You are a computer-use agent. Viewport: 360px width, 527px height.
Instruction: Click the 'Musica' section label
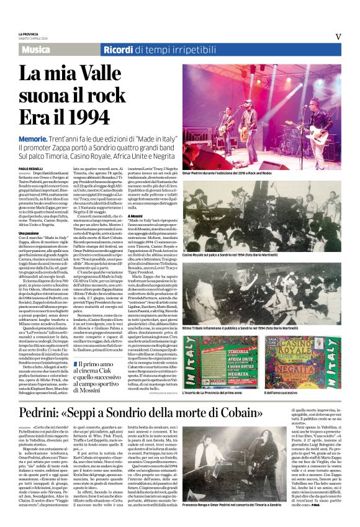(x=39, y=49)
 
